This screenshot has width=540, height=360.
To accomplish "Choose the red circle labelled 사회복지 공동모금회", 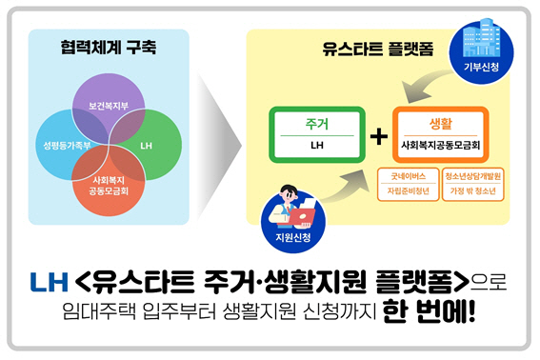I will click(x=108, y=186).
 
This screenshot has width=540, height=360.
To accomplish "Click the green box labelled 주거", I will click(x=317, y=135).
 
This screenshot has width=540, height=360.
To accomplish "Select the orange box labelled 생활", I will click(x=440, y=135).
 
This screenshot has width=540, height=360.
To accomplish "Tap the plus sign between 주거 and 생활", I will click(x=379, y=137).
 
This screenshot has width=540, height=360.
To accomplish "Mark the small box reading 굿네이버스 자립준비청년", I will click(x=407, y=183).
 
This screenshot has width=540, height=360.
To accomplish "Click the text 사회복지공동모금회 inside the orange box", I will click(x=440, y=147).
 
